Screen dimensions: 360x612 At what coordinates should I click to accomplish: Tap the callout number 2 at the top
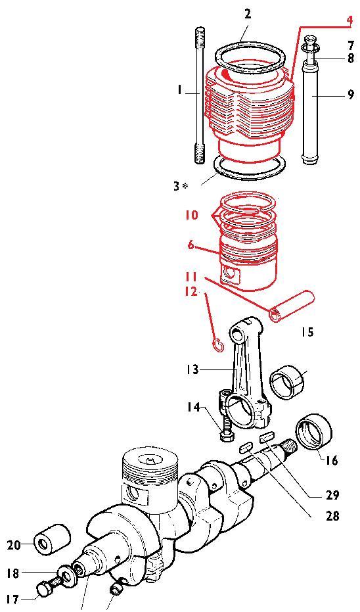[x=248, y=15]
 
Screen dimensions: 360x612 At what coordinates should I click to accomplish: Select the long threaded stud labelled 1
[x=199, y=95]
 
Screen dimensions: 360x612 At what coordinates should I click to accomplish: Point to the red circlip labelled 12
[x=218, y=345]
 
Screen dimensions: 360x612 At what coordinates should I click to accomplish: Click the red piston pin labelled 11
[x=292, y=307]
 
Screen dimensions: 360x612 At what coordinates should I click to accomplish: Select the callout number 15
[x=307, y=332]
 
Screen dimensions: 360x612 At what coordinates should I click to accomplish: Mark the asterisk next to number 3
[x=185, y=186]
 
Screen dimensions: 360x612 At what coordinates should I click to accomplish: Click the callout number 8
[x=350, y=59]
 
